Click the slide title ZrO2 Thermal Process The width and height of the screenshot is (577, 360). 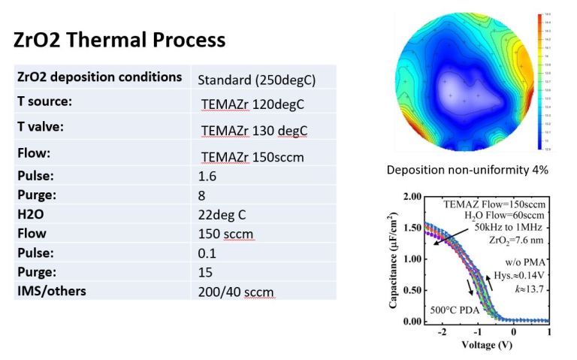pos(119,39)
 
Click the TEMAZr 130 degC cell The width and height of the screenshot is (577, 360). pos(255,131)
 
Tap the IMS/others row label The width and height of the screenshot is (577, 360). pos(50,290)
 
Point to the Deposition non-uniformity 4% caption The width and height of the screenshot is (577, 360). pos(467,171)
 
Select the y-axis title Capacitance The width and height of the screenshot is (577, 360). pos(393,259)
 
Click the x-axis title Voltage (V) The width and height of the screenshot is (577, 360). pos(475,347)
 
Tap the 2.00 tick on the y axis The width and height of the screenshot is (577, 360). pos(411,198)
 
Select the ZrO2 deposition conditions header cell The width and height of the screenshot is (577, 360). pos(99,77)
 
